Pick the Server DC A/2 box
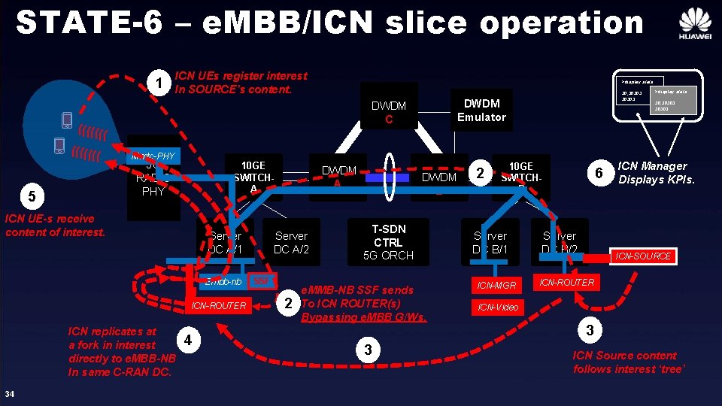tap(291, 242)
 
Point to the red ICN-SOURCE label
tap(642, 256)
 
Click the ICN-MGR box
tap(497, 286)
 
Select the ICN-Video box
tap(497, 307)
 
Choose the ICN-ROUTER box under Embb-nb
tap(218, 305)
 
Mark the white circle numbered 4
tap(187, 340)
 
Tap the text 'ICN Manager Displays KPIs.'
tap(652, 172)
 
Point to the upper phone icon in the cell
tap(67, 120)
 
